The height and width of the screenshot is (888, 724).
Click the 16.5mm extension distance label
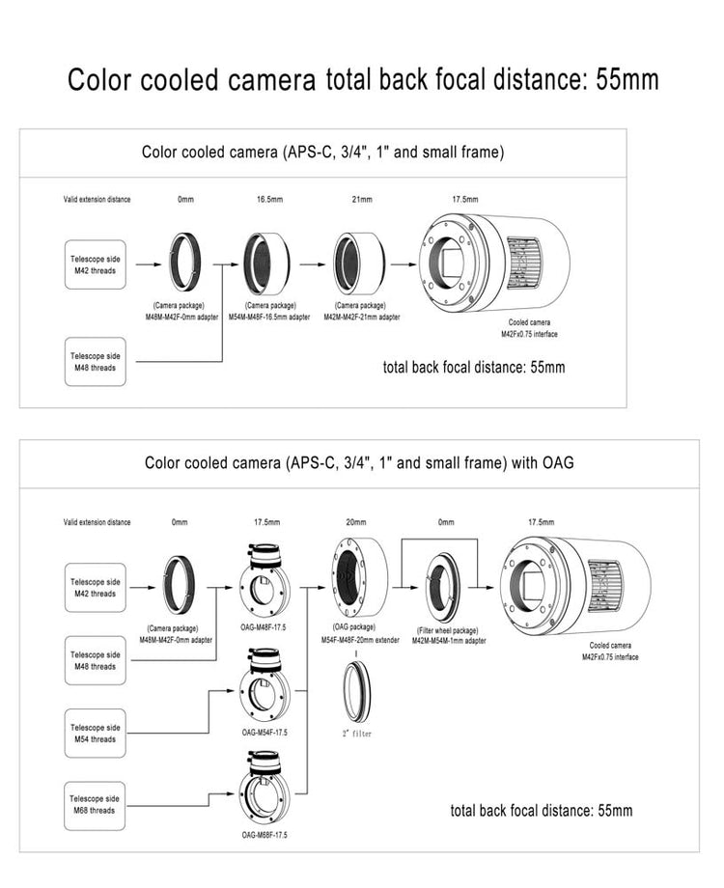[269, 200]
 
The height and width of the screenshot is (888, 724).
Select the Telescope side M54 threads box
[95, 734]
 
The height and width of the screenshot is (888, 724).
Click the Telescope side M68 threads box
[95, 805]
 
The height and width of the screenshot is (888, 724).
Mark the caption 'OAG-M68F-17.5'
[265, 834]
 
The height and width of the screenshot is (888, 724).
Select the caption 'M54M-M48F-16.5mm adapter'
[269, 317]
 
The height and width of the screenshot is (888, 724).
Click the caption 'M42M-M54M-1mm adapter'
[449, 640]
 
